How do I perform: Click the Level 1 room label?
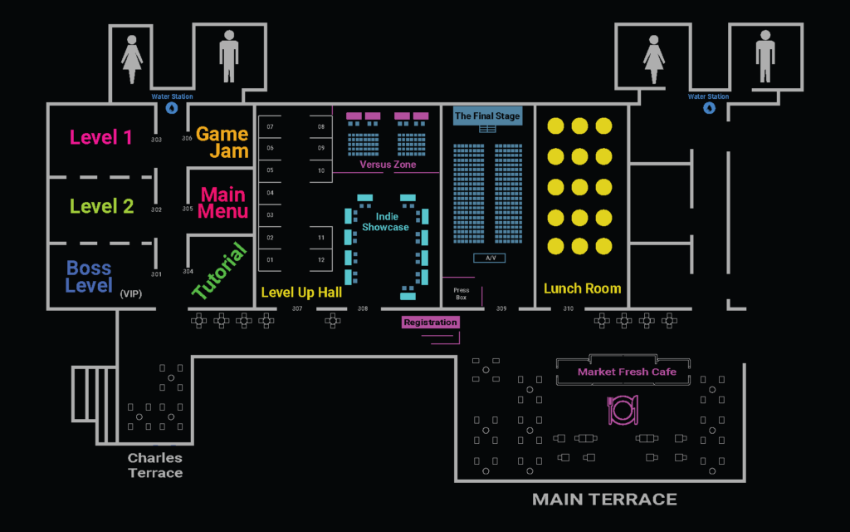(100, 138)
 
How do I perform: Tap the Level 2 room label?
(101, 206)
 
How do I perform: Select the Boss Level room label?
(89, 277)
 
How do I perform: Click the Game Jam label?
(222, 142)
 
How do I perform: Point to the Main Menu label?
(222, 203)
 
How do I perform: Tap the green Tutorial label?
(220, 271)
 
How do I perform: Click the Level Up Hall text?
(301, 292)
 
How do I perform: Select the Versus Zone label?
(388, 165)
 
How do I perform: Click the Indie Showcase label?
(385, 222)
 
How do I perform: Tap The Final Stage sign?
(487, 116)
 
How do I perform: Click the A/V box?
(490, 258)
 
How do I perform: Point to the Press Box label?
(461, 293)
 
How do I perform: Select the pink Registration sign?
(430, 322)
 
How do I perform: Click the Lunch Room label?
(582, 288)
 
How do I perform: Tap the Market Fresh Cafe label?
(627, 372)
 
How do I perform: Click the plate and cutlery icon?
(623, 410)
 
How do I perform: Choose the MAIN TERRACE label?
(604, 499)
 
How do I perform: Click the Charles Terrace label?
(155, 465)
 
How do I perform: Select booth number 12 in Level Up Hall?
(320, 260)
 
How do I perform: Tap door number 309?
(501, 309)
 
